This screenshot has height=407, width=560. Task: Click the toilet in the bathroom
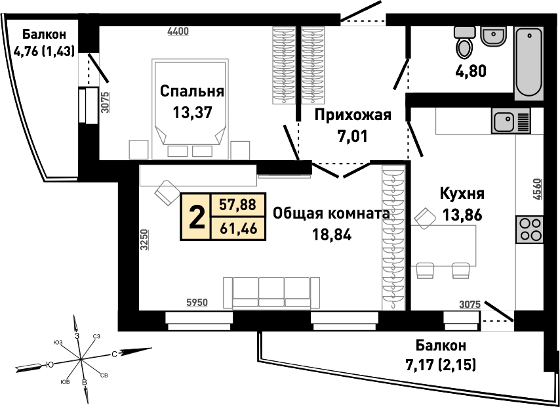point(464,42)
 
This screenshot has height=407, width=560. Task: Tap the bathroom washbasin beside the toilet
point(493,37)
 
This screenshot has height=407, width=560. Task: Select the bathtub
point(529,63)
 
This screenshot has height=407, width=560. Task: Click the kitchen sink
point(511,121)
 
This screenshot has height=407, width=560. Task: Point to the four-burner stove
point(529,230)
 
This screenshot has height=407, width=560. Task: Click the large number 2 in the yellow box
point(197,216)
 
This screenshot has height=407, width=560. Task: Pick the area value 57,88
point(239,205)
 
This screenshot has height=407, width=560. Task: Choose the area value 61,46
point(239,228)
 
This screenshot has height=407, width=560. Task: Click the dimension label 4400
point(178,32)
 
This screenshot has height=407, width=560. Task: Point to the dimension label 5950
point(197,303)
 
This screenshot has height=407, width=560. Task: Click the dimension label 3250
point(143,242)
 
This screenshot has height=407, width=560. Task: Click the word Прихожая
point(353,116)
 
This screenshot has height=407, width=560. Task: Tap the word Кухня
point(462,194)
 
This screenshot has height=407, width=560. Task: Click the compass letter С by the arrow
point(114,354)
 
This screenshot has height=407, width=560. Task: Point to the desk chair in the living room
point(167,193)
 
